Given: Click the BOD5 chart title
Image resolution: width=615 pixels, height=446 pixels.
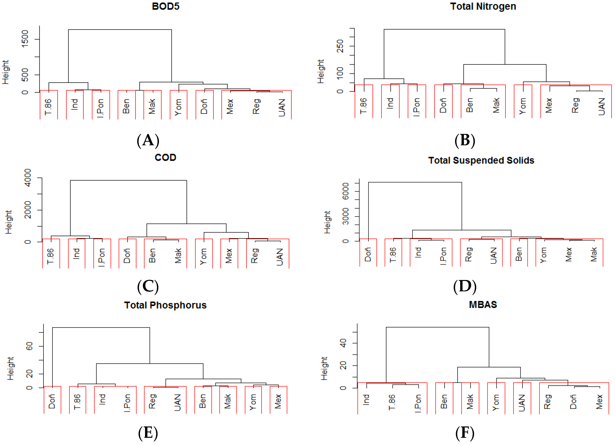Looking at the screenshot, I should coord(165,6).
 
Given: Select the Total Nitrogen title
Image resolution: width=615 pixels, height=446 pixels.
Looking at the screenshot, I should coord(483,6).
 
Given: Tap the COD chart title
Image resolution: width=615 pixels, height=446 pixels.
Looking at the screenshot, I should coord(165,157).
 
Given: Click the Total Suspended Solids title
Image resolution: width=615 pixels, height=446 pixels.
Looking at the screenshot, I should coord(481,160).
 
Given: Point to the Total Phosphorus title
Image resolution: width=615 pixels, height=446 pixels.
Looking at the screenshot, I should coord(165,305).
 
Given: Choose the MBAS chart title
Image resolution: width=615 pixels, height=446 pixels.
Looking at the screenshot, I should coord(483,305).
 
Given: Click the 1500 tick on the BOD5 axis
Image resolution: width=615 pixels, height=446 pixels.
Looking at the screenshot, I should coord(25,39).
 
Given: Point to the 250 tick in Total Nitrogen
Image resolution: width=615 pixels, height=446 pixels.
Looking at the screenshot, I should coord(340,46).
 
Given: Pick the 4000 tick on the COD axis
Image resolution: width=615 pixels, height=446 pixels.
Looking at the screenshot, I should coord(28,178).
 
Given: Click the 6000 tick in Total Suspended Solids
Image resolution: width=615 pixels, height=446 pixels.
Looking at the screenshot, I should coord(345,191).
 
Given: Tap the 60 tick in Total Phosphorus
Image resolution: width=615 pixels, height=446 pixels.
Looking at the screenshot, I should coord(29,346).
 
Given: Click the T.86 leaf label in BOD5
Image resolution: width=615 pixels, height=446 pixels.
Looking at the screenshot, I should coord(48,107).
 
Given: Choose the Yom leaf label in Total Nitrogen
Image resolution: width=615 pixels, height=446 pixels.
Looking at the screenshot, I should coord(523,106).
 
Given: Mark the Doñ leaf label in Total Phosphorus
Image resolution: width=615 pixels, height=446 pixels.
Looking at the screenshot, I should coord(52,401).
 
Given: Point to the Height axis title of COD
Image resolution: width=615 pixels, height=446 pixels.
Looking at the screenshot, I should coord(9,222).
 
